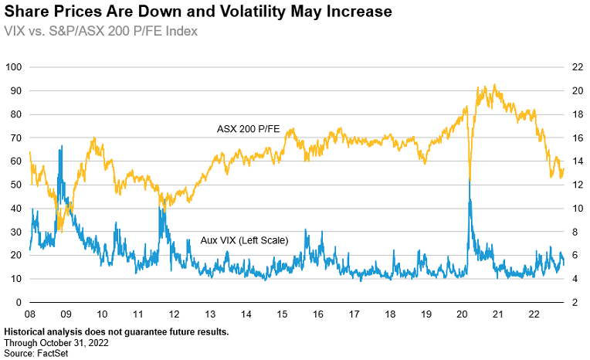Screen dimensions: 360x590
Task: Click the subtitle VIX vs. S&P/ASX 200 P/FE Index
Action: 101,31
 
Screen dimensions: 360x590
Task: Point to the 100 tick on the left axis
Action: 12,67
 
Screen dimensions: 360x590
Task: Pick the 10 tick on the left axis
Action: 15,279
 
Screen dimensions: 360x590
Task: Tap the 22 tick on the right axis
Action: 575,67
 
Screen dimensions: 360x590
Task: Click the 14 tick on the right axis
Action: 575,161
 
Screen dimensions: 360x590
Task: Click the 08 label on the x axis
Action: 30,315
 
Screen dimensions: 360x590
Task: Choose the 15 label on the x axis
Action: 281,315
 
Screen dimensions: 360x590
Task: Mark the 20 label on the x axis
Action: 462,315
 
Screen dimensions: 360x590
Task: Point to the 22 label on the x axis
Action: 534,315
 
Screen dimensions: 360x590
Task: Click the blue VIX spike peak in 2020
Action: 470,181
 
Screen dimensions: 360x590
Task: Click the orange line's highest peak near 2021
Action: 494,85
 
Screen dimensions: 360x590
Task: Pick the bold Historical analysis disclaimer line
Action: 116,331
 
